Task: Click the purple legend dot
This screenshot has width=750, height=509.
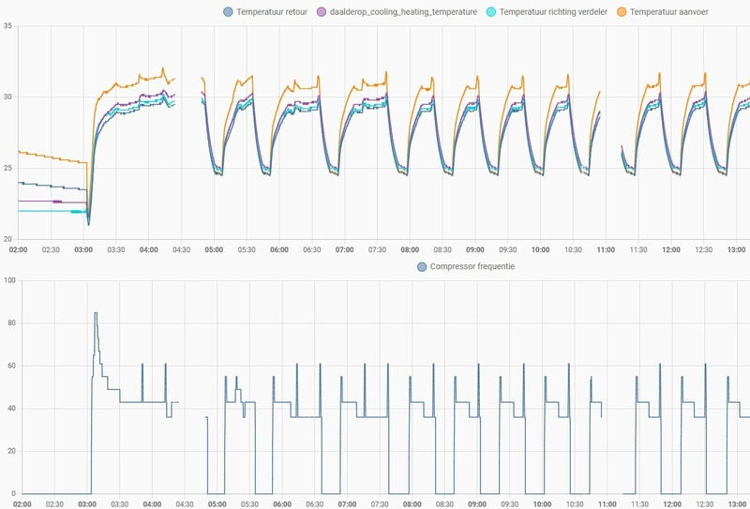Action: click(321, 11)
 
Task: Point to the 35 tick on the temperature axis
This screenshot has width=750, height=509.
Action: click(7, 25)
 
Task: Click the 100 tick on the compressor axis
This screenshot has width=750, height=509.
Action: click(9, 281)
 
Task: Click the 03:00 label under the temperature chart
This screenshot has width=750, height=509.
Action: click(82, 249)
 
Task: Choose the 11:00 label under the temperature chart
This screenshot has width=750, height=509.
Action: click(606, 249)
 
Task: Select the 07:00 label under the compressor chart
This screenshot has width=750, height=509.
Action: click(344, 504)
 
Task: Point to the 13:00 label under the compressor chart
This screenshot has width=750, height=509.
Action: click(736, 504)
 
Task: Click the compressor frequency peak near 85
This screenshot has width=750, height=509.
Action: click(96, 313)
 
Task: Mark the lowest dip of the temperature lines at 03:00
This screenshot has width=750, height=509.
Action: click(88, 225)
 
